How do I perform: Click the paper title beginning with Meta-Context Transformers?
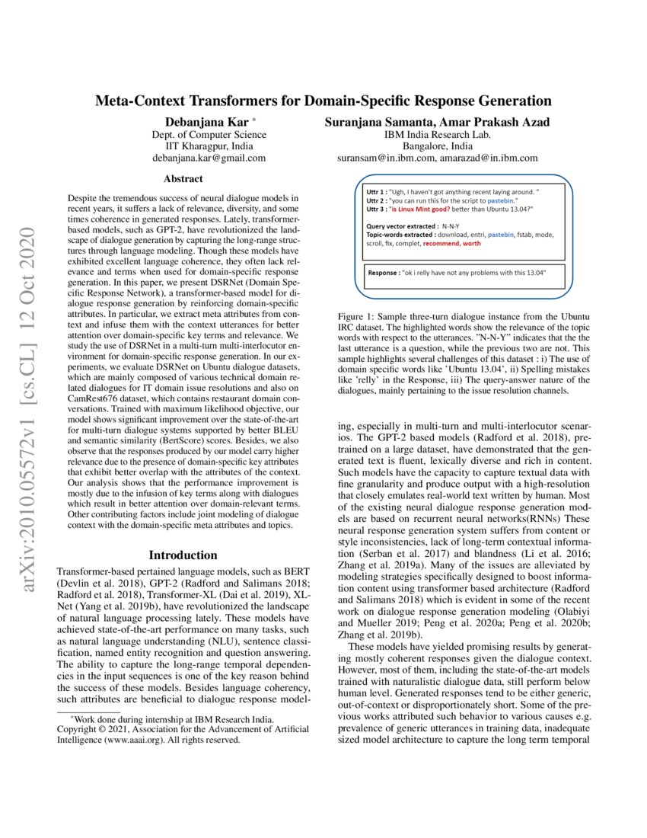(323, 101)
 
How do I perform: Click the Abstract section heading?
(183, 179)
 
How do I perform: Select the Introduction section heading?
(183, 555)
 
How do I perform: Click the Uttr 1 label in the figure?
(376, 192)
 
